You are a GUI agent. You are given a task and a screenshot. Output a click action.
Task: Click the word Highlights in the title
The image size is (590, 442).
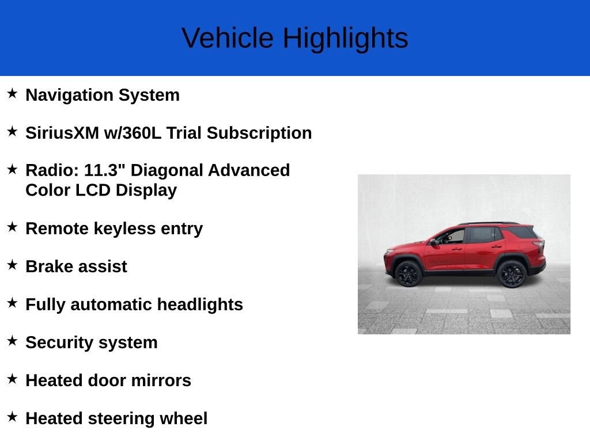pos(345,39)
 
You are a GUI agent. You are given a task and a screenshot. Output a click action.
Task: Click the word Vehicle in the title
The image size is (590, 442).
pos(228,39)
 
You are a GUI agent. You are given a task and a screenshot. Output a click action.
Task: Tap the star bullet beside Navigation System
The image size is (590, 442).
pos(12,93)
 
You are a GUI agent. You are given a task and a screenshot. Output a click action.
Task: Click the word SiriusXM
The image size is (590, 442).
pos(62,133)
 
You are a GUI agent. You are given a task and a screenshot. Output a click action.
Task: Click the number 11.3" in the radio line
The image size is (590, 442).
pos(105,170)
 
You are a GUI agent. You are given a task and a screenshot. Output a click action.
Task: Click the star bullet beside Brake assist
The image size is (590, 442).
pos(12,265)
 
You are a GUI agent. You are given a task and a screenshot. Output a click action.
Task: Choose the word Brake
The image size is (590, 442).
pos(48,266)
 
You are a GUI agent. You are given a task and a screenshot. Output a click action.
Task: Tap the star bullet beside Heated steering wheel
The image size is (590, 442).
pos(12,417)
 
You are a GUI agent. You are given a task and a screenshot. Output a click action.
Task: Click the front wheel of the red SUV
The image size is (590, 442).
pos(409,273)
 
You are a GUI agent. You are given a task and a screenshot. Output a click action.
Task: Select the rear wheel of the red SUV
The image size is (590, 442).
pos(511,273)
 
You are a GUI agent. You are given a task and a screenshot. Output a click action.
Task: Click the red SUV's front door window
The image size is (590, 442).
pos(452,237)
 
